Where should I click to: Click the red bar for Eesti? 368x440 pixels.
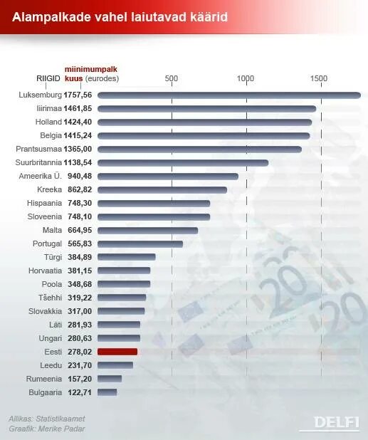point(117,352)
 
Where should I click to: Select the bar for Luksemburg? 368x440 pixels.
point(228,95)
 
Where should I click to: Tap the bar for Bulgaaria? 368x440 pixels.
point(107,392)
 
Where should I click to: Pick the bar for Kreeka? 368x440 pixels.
point(162,190)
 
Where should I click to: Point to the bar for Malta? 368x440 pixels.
point(147,230)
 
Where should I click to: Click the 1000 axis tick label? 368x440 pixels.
point(246,78)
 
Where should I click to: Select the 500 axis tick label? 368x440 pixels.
point(171,78)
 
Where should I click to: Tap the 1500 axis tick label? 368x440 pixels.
point(320,78)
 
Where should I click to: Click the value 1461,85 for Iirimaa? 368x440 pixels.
point(78,108)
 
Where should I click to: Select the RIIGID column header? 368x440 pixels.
point(48,78)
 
